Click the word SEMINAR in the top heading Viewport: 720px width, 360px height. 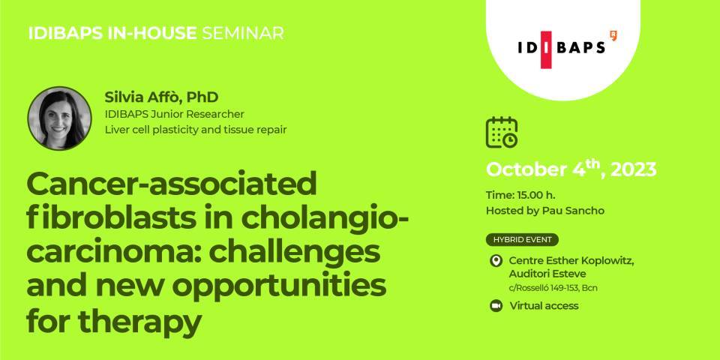pyautogui.click(x=243, y=33)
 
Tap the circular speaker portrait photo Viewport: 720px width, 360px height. pyautogui.click(x=59, y=118)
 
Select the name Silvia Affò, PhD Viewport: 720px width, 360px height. pyautogui.click(x=161, y=97)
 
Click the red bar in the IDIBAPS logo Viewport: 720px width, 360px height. pyautogui.click(x=546, y=49)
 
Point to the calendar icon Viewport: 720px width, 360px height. pyautogui.click(x=502, y=132)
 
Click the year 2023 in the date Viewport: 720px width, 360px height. pyautogui.click(x=634, y=170)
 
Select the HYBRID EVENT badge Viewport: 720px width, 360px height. pyautogui.click(x=522, y=240)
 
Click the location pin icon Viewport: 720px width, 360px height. pyautogui.click(x=496, y=261)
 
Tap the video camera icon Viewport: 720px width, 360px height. pyautogui.click(x=496, y=306)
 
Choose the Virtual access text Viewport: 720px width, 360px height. pyautogui.click(x=544, y=306)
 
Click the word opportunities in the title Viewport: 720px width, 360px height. pyautogui.click(x=285, y=287)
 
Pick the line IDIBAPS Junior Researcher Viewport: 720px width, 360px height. pyautogui.click(x=175, y=114)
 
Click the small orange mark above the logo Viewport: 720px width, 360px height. pyautogui.click(x=613, y=35)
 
